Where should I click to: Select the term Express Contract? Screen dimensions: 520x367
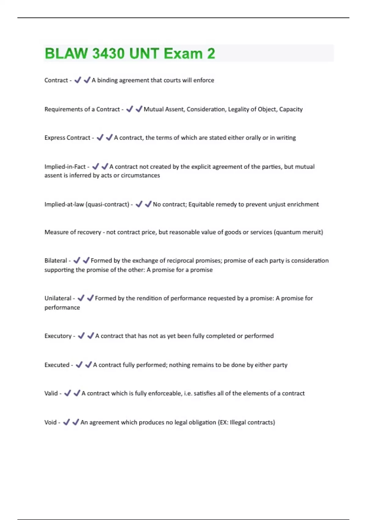click(x=67, y=138)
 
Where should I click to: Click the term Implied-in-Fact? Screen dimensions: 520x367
click(x=65, y=167)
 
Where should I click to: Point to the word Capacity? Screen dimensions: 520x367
click(x=291, y=109)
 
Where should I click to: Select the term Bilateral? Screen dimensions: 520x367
click(x=56, y=261)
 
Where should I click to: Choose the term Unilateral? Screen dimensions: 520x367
click(x=58, y=298)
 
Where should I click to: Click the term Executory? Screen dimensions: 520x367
click(x=58, y=336)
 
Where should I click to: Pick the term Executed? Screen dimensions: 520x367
click(x=57, y=365)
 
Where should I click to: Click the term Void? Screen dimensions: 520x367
click(x=50, y=422)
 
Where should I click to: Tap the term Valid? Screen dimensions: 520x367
click(x=51, y=393)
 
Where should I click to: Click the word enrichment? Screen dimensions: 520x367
click(x=302, y=204)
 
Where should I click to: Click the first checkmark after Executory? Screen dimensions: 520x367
click(x=81, y=336)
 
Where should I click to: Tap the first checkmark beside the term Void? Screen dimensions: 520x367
click(x=66, y=422)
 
